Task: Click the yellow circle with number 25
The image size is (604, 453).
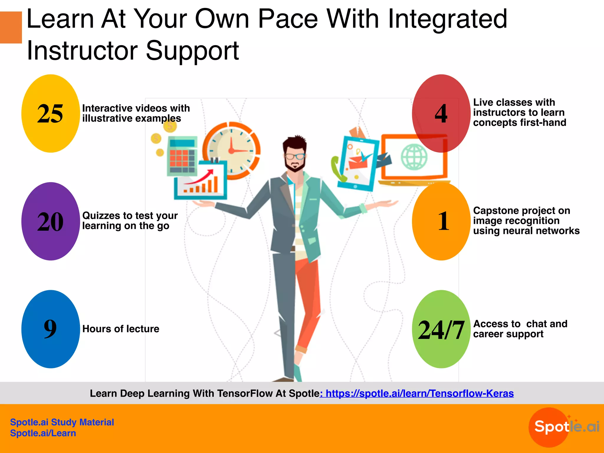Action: tap(50, 114)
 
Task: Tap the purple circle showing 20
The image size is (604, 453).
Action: tap(50, 221)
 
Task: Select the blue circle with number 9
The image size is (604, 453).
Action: tap(50, 329)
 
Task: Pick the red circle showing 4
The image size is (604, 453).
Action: tap(441, 114)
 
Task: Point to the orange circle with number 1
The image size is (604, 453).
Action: tap(441, 221)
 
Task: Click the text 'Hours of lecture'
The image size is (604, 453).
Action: tap(121, 329)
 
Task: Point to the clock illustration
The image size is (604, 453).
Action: tap(232, 150)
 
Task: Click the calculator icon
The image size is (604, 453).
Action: tap(182, 156)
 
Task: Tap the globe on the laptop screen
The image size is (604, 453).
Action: tap(414, 157)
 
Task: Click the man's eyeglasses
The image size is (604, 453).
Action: tap(295, 156)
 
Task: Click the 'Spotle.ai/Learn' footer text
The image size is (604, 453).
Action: tap(43, 433)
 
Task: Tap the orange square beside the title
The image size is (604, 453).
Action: tap(11, 27)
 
